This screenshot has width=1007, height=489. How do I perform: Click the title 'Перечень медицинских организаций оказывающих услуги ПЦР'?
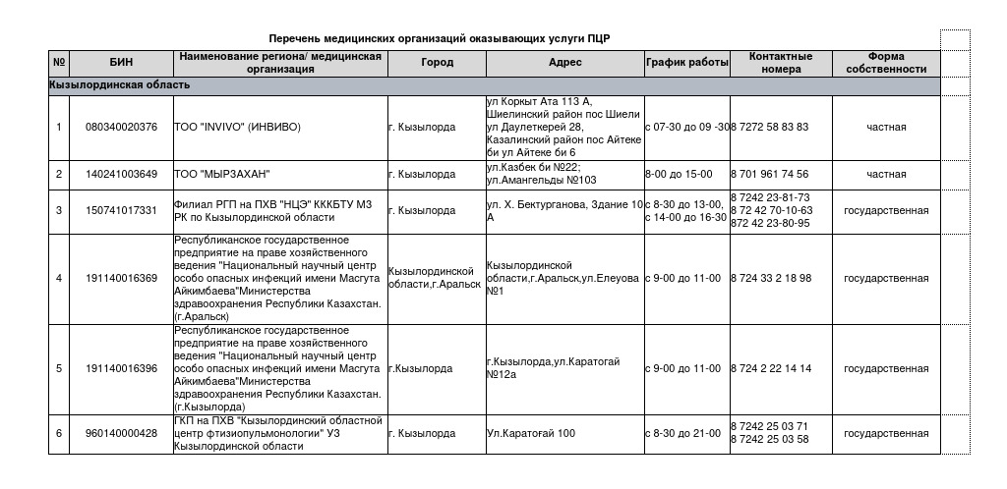click(440, 38)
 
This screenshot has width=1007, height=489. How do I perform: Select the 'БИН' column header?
click(121, 63)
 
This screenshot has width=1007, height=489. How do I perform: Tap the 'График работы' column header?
click(686, 63)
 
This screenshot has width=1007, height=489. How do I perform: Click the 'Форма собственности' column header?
click(886, 63)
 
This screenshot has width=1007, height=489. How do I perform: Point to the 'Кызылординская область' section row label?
click(120, 85)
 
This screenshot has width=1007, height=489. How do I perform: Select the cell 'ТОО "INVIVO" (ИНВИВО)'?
click(237, 127)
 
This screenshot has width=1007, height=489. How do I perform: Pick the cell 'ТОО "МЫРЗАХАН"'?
click(220, 174)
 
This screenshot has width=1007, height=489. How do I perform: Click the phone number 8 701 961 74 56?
click(769, 174)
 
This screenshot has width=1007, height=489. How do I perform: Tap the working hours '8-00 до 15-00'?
click(679, 174)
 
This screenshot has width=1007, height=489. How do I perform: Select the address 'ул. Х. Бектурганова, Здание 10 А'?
click(564, 210)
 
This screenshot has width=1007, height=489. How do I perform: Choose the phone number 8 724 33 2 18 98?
click(771, 278)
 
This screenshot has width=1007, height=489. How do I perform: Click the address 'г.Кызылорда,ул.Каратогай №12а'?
click(553, 368)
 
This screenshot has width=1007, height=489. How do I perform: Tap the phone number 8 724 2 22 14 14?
click(771, 368)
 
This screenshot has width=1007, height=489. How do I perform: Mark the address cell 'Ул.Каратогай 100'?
click(531, 433)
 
